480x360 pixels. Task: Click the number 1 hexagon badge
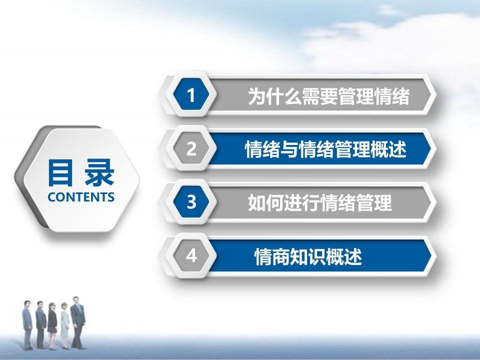[191, 94]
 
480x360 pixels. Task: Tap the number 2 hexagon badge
[191, 148]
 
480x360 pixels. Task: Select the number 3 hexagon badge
[191, 201]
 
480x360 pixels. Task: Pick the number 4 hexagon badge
[191, 255]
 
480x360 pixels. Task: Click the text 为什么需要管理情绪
[328, 96]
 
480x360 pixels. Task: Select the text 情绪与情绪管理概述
[325, 149]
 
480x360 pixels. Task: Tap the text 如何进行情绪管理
[320, 202]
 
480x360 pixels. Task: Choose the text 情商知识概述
[308, 256]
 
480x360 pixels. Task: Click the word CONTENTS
[81, 197]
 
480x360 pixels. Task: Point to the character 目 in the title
[60, 173]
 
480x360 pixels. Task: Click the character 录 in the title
[99, 172]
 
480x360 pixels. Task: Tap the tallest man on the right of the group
[78, 322]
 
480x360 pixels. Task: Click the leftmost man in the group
[27, 325]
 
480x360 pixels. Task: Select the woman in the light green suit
[64, 325]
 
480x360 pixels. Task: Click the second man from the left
[40, 325]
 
